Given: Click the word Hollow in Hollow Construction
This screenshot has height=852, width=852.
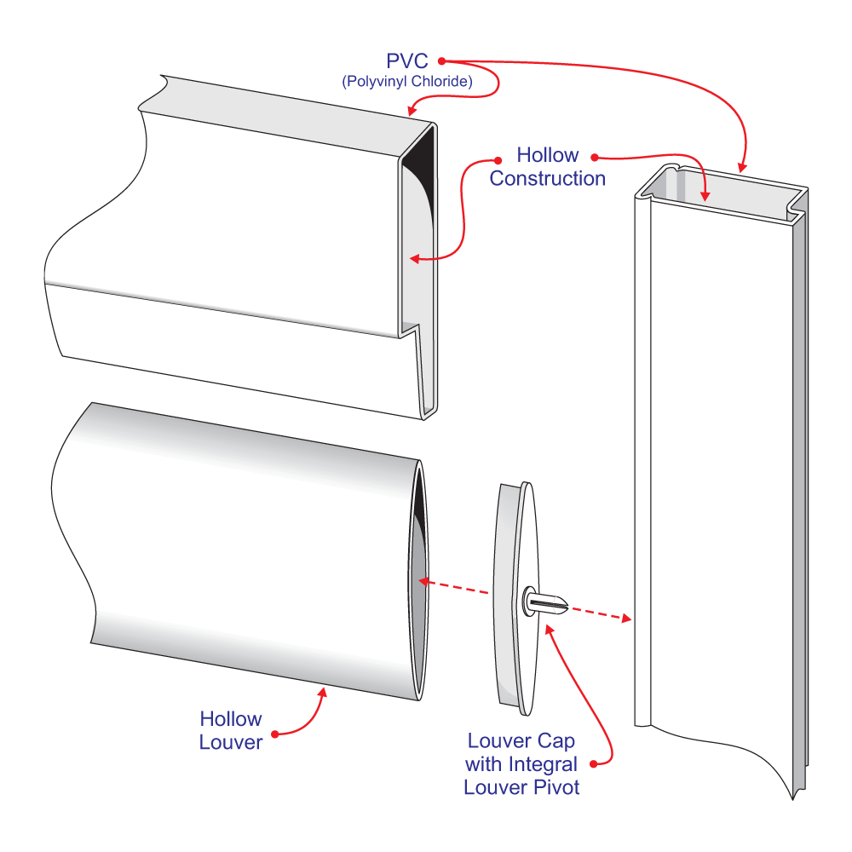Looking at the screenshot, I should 547,156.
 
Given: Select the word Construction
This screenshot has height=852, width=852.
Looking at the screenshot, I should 547,179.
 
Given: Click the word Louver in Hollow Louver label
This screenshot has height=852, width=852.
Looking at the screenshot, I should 230,742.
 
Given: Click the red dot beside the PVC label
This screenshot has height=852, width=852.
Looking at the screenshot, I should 442,60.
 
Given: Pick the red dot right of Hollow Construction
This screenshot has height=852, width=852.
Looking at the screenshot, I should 594,157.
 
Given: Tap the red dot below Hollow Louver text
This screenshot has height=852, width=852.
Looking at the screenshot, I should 274,734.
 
